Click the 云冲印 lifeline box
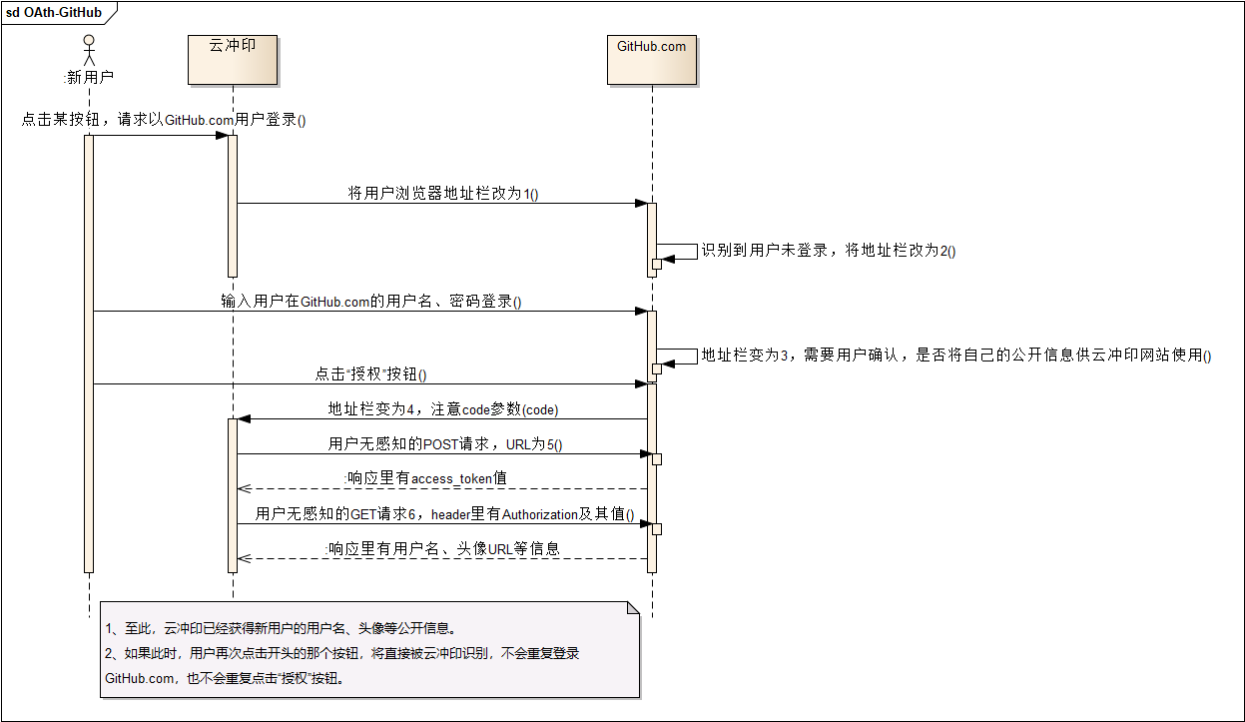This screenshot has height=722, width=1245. coord(232,60)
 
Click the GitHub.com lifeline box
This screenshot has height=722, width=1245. coord(651,60)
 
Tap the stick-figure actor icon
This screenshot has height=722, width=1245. coord(88,51)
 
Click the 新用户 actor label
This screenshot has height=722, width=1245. coord(88,77)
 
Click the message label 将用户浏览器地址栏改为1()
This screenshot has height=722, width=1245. coord(442,194)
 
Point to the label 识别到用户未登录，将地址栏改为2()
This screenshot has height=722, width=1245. coord(828,251)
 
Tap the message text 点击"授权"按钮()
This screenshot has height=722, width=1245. coord(370,374)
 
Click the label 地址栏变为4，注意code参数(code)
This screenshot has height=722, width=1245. coord(443,408)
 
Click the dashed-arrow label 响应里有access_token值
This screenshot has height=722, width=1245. coord(425,478)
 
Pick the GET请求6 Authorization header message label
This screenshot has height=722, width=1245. coord(444,514)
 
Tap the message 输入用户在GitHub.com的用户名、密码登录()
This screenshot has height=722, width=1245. coord(371,301)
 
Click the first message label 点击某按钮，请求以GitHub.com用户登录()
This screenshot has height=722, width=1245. coord(164,120)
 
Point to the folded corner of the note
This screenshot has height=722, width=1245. coord(632,608)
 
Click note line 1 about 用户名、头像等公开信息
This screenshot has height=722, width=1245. coord(281,629)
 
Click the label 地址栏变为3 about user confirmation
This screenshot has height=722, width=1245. coord(955,355)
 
